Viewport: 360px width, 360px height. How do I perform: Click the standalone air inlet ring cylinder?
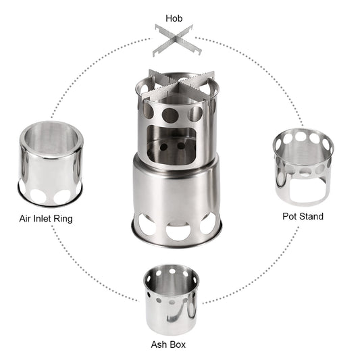pos(51,163)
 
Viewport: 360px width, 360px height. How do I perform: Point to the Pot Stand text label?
pos(303,216)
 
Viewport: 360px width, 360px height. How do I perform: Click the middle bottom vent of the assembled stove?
pos(179,231)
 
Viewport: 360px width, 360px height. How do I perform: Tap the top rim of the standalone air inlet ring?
pos(51,128)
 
